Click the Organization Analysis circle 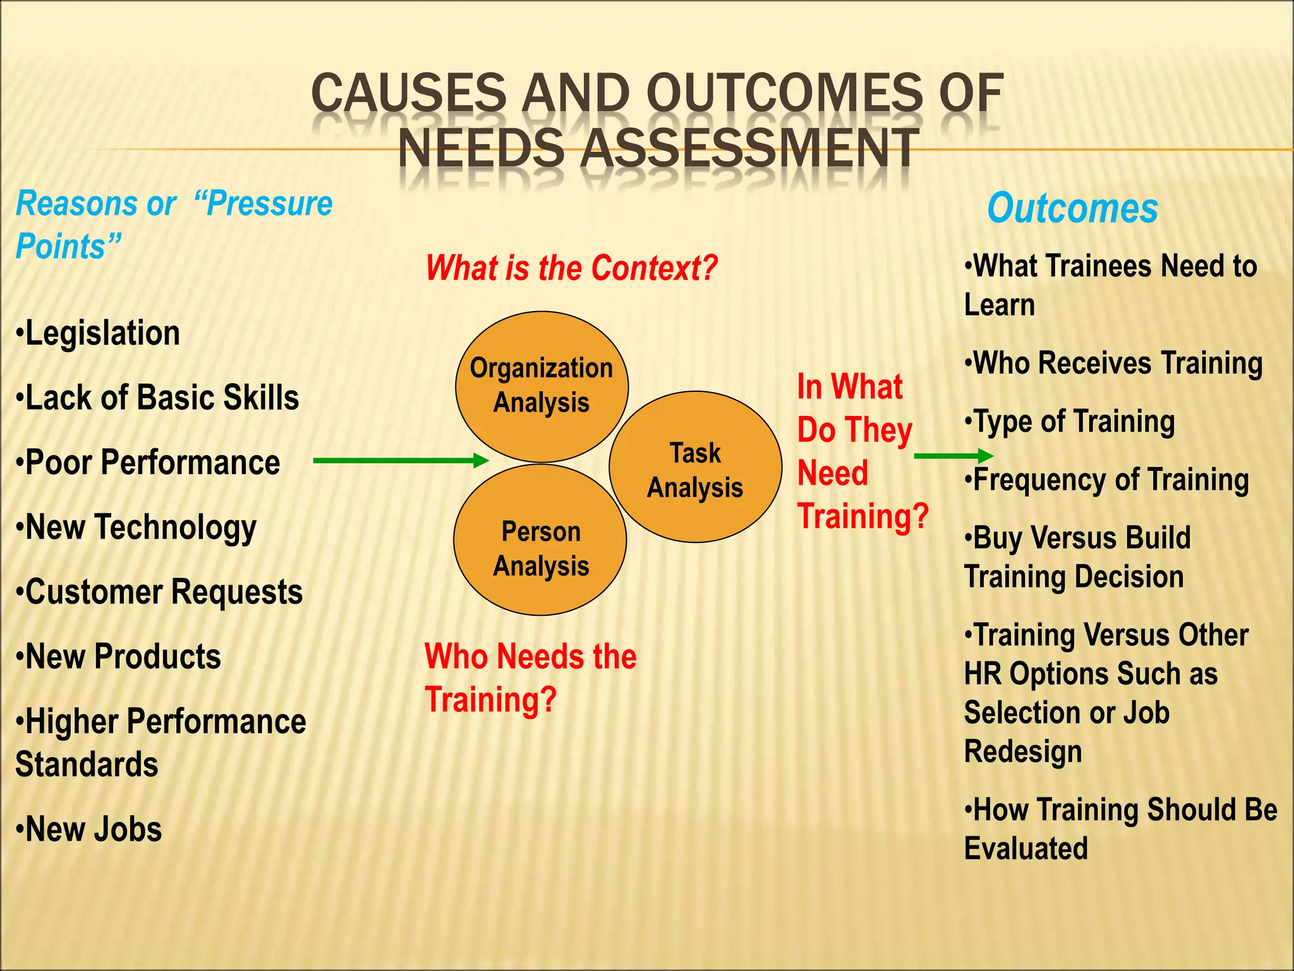[541, 386]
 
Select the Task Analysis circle [695, 467]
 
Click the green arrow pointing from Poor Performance [401, 461]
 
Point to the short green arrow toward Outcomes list [953, 456]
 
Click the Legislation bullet [99, 333]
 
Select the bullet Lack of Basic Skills [158, 398]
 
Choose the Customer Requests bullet [160, 592]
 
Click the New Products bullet [119, 657]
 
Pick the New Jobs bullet [90, 829]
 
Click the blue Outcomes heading [1072, 209]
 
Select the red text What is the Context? [571, 268]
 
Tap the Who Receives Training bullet [1113, 363]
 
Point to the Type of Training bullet [1070, 422]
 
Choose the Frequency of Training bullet [1107, 480]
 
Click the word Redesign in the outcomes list [1023, 752]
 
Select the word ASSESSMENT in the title [749, 149]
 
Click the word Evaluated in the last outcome [1026, 848]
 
